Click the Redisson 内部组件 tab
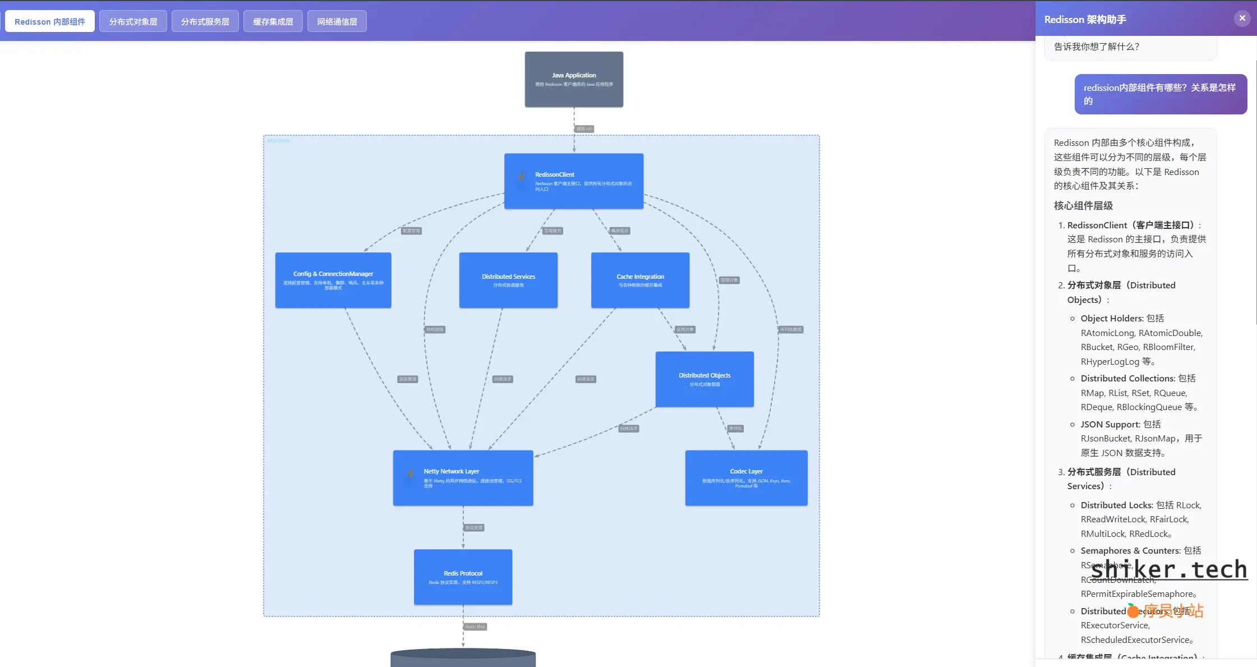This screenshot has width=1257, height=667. click(50, 21)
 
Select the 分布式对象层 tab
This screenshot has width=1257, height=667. click(133, 21)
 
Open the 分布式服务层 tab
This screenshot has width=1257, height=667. click(205, 21)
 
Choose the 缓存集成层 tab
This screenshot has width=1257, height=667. click(273, 21)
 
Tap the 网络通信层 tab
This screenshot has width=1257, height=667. click(337, 21)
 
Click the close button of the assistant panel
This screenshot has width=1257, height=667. click(1242, 18)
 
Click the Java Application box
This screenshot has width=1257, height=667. click(574, 79)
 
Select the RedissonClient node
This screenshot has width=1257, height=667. click(573, 181)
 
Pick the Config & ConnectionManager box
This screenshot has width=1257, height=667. click(333, 280)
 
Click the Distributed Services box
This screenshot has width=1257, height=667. click(508, 280)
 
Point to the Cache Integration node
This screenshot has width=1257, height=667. click(640, 280)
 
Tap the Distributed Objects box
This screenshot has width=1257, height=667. click(705, 379)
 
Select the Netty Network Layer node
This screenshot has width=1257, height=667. click(463, 477)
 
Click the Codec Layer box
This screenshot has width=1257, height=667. click(746, 477)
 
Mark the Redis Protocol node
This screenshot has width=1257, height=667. click(463, 577)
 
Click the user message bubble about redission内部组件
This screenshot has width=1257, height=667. click(1160, 94)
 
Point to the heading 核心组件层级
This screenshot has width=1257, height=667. click(1083, 205)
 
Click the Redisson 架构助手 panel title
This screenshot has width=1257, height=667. click(1085, 20)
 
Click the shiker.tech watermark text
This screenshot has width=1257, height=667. click(1169, 569)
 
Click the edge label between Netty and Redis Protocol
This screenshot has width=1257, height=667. click(474, 527)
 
